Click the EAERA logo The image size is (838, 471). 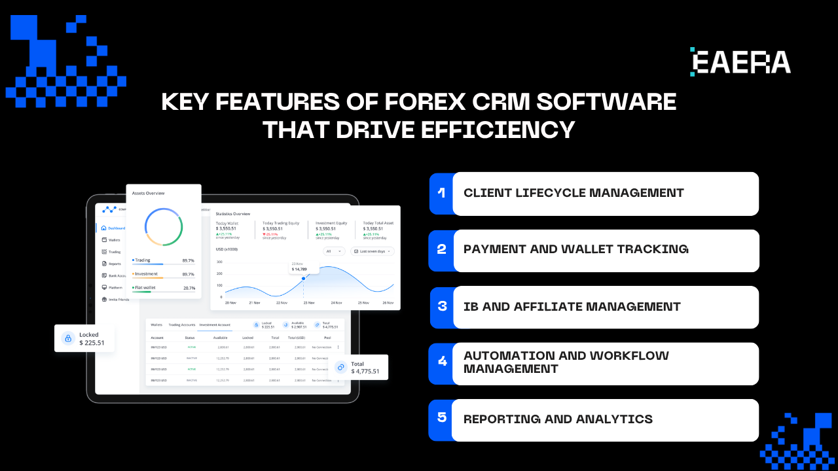(x=740, y=61)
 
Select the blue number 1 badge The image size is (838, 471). (x=441, y=193)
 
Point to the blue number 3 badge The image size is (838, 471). (x=442, y=306)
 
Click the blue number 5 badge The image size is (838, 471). (x=441, y=417)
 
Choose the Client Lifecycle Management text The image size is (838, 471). (x=574, y=193)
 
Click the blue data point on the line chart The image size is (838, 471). (x=303, y=278)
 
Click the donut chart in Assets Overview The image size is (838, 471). (x=164, y=227)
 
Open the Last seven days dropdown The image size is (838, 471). (x=373, y=251)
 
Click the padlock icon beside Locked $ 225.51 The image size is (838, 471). (x=67, y=338)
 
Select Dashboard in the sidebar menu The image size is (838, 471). (x=117, y=228)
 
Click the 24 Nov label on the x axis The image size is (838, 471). (x=337, y=303)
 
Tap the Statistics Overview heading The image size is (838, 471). (x=233, y=214)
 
